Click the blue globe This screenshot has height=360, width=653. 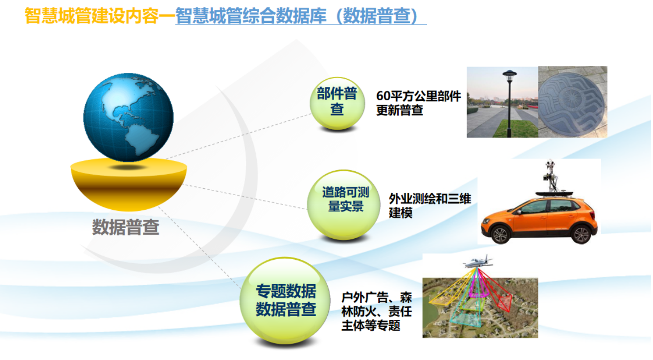128,117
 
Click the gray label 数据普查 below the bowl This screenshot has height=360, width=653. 126,227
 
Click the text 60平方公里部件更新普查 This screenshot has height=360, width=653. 418,103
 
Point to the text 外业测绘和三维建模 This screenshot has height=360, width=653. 429,205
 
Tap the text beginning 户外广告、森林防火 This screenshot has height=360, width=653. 377,311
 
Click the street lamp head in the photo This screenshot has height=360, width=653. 509,75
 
